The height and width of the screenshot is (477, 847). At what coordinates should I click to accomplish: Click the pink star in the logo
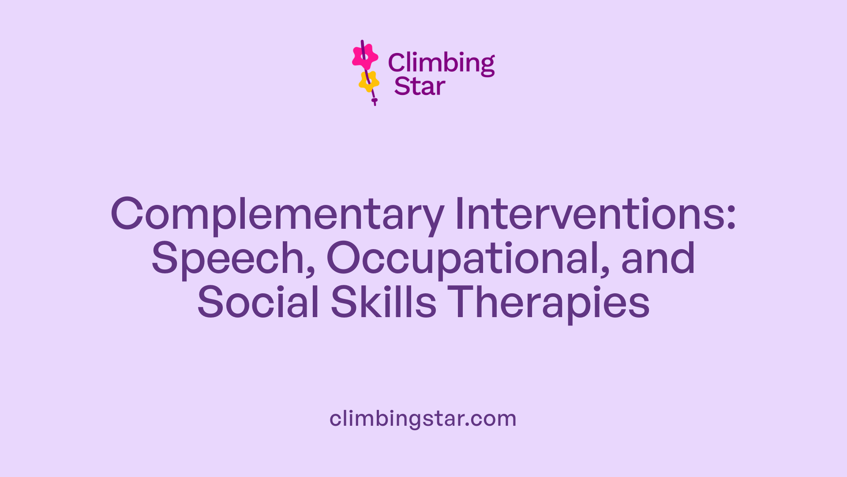coord(365,57)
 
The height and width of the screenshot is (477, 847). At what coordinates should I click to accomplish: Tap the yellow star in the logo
coord(369,81)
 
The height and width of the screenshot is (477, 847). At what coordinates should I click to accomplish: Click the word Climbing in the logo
coord(441,63)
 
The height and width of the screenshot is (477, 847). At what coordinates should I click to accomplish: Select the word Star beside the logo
coord(420,87)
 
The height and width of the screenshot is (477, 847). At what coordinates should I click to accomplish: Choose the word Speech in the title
coord(228,259)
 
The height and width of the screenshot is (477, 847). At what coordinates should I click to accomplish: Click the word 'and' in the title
coord(658,258)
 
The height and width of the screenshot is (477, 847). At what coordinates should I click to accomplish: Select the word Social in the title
coord(258,302)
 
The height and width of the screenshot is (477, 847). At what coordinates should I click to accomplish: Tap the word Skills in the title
coord(383,302)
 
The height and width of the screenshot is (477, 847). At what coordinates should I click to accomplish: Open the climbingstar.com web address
coord(423,419)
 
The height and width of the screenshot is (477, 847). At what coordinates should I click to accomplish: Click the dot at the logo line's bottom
coord(375,101)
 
